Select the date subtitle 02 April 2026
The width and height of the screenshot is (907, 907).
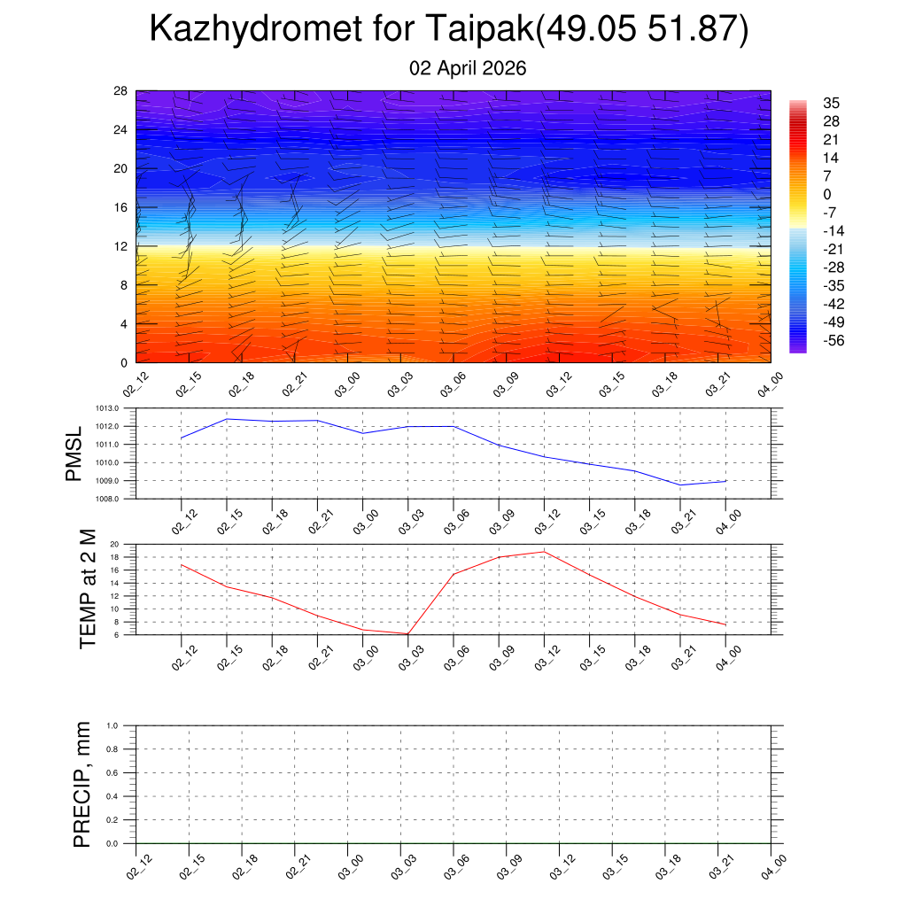coord(468,68)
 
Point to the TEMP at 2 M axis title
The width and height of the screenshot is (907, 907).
coord(87,589)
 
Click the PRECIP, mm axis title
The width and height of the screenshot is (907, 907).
coord(82,784)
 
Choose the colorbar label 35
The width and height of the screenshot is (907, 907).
coord(831,103)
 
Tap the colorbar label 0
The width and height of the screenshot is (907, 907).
coord(827,195)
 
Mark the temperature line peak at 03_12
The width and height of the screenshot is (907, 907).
coord(544,552)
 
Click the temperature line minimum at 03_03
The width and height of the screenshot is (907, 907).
coord(407,633)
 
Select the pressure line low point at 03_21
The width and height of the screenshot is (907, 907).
coord(680,485)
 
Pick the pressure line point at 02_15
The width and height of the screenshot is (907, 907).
coord(227,419)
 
